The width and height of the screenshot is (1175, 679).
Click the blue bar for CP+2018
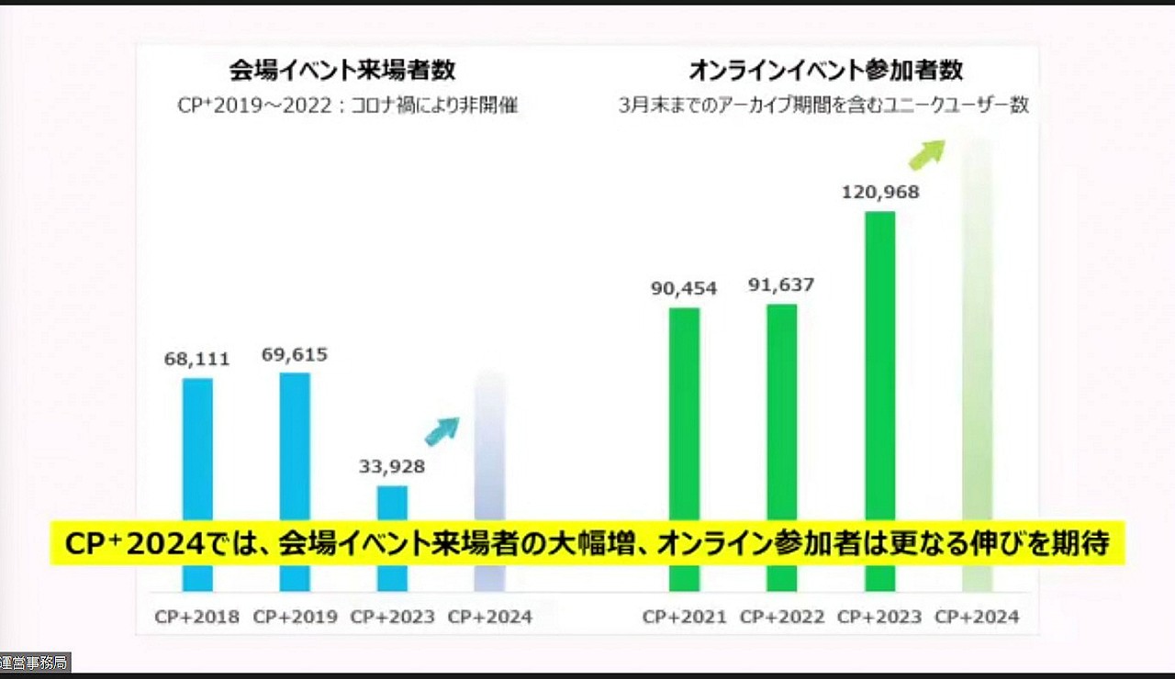[x=197, y=450]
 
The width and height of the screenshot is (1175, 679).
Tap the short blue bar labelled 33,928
[x=392, y=505]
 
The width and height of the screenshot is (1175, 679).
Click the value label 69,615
[x=295, y=354]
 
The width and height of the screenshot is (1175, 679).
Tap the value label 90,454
[x=684, y=288]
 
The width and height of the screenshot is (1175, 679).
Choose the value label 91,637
[x=781, y=284]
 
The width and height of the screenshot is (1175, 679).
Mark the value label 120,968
[x=880, y=192]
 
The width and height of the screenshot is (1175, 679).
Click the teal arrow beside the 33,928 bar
[x=442, y=429]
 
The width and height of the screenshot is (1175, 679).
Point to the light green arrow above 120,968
[x=926, y=153]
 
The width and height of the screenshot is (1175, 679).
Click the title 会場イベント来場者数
[x=342, y=71]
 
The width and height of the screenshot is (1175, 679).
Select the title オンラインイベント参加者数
[x=825, y=71]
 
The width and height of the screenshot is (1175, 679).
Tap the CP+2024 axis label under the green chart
[x=977, y=617]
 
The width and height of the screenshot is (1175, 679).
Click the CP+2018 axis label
[x=197, y=617]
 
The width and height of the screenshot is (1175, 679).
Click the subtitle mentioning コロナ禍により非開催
[x=348, y=106]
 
